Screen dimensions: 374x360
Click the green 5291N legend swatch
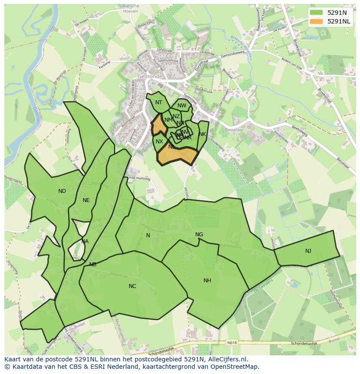[317, 13]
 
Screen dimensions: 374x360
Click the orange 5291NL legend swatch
[317, 21]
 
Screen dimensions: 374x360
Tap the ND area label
[62, 191]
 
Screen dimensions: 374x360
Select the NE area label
[86, 200]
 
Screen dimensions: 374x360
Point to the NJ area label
[308, 251]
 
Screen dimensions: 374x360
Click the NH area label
[207, 281]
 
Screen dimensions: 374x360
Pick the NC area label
[133, 286]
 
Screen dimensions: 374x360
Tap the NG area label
[199, 235]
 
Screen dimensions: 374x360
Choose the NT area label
[159, 103]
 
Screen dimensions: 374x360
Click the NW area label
[182, 106]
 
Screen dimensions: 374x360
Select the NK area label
[202, 134]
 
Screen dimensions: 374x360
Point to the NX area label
[159, 142]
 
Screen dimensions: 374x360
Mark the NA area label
[85, 242]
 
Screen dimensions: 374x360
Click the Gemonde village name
[150, 76]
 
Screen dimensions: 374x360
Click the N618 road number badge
[232, 343]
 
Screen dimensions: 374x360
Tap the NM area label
[168, 120]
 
